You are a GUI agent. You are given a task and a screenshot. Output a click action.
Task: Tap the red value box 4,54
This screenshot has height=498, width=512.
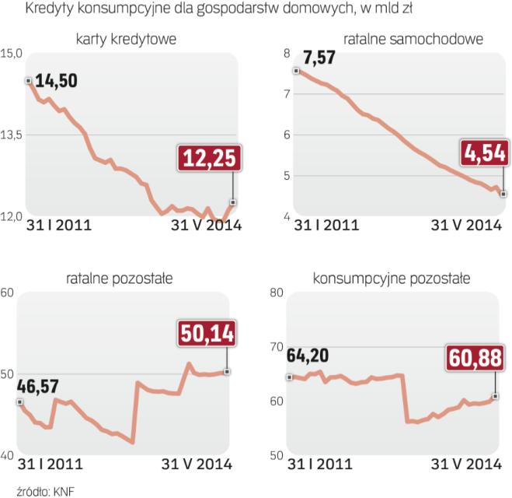pos(486,153)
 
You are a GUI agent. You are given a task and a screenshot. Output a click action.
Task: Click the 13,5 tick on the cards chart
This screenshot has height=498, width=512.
pos(12,135)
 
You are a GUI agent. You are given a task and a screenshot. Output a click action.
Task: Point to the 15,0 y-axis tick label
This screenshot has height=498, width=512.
pos(12,53)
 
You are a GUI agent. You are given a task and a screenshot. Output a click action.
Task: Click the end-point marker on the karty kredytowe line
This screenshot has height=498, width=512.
pos(233,202)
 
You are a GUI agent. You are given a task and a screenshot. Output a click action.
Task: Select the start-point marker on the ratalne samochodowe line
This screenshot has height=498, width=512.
pos(296,71)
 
